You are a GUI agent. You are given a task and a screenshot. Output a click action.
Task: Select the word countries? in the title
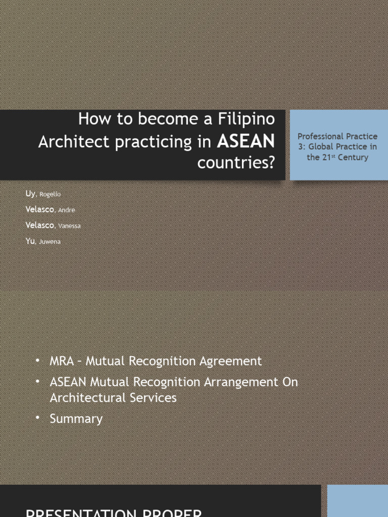tap(236, 164)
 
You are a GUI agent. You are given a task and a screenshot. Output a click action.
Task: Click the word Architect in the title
tap(73, 142)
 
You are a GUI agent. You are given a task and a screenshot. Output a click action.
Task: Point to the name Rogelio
tap(51, 194)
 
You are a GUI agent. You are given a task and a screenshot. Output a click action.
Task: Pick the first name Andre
tap(67, 210)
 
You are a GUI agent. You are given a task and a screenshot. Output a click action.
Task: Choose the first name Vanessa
tap(69, 226)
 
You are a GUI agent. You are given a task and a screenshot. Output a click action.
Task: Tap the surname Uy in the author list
tap(30, 194)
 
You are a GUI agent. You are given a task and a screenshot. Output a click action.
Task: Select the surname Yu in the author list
tap(30, 242)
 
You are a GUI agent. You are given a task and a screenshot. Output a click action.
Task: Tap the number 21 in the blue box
tap(327, 158)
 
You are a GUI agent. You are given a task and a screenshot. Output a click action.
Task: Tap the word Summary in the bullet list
tap(76, 419)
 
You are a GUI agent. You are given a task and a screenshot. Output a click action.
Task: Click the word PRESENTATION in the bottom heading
tap(79, 513)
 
